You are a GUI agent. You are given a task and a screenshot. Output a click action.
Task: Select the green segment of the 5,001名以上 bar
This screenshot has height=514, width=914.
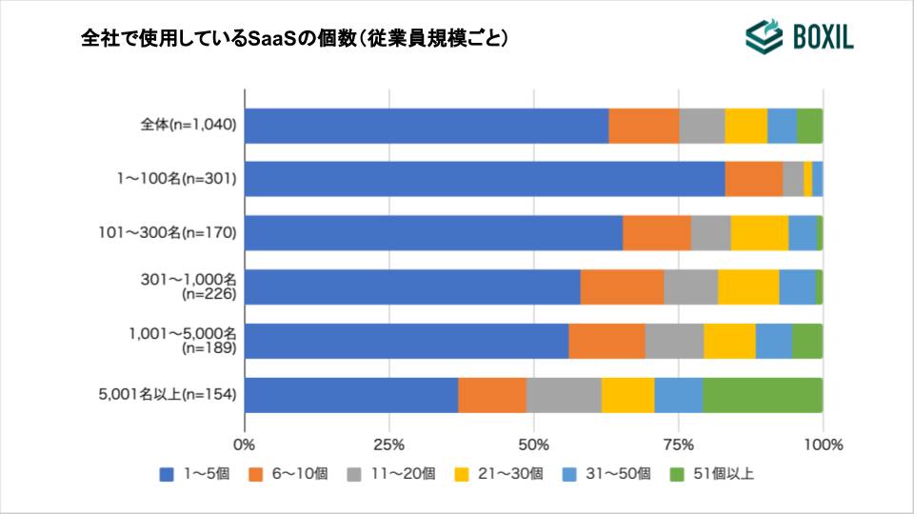point(762,395)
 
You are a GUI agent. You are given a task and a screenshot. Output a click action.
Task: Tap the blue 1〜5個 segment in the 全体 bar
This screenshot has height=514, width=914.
point(427,126)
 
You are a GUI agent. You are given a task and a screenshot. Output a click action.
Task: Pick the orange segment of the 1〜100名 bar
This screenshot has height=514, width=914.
point(753,179)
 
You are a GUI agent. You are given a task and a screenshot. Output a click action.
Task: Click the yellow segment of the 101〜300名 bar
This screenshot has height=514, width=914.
point(759,233)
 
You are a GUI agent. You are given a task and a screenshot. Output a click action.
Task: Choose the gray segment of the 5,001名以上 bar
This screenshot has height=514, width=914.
point(564,395)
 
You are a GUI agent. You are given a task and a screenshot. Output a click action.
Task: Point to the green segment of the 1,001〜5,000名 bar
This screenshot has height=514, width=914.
point(806,341)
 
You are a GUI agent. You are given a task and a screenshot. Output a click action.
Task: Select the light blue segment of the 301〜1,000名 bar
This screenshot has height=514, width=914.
point(797,287)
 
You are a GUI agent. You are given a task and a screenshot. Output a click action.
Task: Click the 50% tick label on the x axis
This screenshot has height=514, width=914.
point(534,445)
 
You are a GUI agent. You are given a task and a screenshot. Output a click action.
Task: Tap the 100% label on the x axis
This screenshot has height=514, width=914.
point(823,445)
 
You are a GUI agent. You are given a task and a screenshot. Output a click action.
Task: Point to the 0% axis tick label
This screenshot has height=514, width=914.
point(245,445)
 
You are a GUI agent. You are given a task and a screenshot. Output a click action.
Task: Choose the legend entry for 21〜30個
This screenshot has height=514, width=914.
point(508,473)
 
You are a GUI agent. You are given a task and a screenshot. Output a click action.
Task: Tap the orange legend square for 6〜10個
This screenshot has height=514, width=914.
point(254,473)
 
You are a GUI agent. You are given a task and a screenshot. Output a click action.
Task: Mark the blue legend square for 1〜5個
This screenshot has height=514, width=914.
point(167,473)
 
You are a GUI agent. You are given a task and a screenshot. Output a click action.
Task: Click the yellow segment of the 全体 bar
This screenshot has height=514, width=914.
point(745,126)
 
